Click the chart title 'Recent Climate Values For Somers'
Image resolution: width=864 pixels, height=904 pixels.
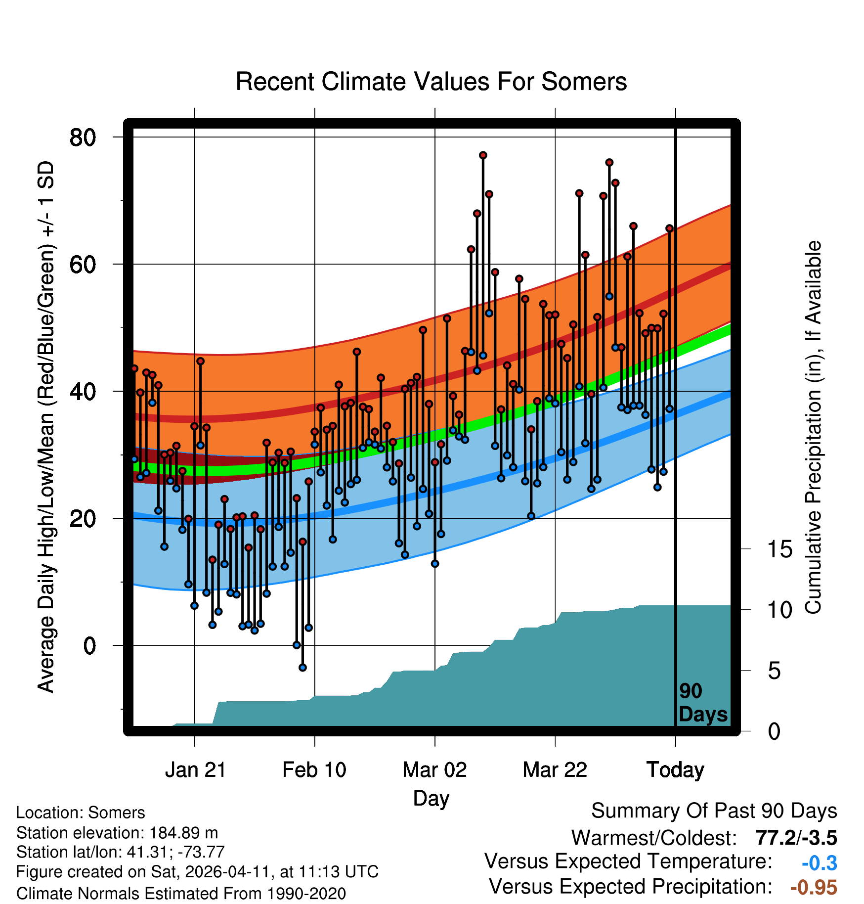click(431, 82)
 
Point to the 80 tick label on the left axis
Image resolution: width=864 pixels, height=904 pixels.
click(83, 137)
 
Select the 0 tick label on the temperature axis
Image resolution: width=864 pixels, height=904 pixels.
click(89, 646)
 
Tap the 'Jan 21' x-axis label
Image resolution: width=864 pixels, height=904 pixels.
click(195, 770)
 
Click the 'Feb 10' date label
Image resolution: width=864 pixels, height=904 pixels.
click(314, 770)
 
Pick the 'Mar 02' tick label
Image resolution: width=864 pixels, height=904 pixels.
click(434, 770)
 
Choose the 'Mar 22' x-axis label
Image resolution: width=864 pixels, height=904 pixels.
click(555, 770)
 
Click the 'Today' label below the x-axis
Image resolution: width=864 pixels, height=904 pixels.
click(675, 770)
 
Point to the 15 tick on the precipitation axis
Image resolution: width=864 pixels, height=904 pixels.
click(780, 549)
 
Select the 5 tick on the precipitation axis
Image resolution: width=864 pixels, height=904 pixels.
click(774, 671)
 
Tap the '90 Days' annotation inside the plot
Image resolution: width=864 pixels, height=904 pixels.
click(703, 703)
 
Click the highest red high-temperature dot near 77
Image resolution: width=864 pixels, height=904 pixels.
click(483, 155)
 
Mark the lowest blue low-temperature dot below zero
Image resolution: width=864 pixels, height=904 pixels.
click(302, 668)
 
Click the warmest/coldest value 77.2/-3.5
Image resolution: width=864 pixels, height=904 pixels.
click(796, 838)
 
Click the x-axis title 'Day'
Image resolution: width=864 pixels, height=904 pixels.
click(431, 798)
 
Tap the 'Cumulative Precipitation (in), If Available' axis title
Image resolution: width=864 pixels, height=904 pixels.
click(813, 427)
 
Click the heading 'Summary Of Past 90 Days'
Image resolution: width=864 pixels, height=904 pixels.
click(714, 811)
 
